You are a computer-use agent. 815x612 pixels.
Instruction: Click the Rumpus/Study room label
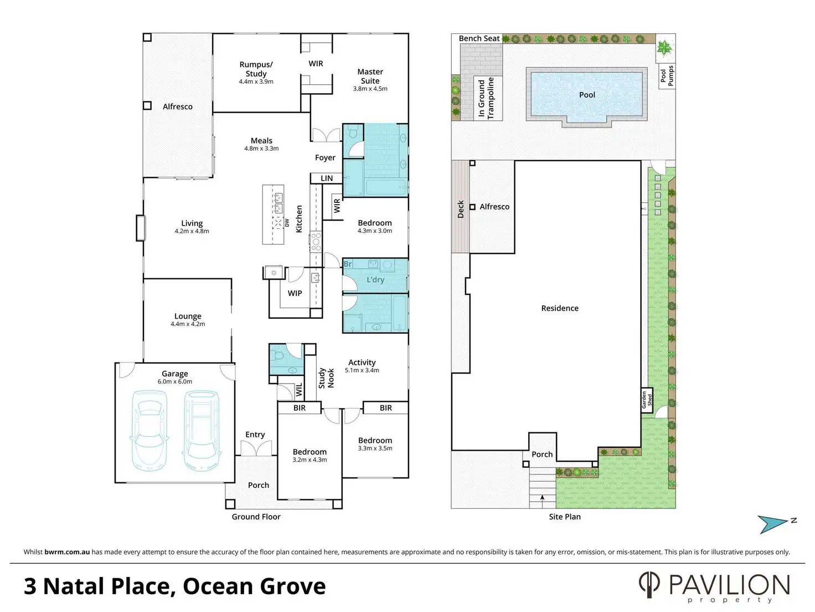(256, 69)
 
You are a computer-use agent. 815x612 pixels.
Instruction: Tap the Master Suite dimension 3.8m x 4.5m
(370, 89)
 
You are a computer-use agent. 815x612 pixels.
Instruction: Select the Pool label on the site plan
(587, 95)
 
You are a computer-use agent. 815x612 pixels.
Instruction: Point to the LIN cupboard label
(327, 178)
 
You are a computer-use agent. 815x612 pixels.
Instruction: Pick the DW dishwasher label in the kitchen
(287, 223)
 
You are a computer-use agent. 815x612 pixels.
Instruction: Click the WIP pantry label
(295, 293)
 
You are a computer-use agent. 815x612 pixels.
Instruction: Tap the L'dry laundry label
(375, 280)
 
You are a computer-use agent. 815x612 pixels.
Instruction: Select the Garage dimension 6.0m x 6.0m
(175, 381)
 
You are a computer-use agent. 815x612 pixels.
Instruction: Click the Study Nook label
(326, 378)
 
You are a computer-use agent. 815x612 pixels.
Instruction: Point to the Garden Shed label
(647, 400)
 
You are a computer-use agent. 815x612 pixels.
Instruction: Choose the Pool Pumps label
(667, 76)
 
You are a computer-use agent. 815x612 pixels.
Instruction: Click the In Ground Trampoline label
(486, 98)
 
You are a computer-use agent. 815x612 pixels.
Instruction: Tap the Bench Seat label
(479, 38)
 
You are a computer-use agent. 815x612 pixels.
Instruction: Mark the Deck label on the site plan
(461, 209)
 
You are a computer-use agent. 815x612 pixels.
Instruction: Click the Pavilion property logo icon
(649, 585)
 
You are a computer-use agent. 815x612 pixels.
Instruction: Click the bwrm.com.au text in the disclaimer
(67, 552)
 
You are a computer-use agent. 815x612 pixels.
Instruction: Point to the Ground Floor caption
(256, 517)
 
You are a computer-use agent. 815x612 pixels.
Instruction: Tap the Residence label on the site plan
(560, 308)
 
